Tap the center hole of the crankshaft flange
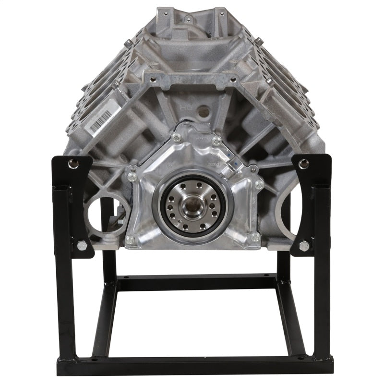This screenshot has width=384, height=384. (x=192, y=205)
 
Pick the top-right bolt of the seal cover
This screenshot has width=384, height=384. (x=216, y=141)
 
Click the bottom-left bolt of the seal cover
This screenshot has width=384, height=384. (x=130, y=239)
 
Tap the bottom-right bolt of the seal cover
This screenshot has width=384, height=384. (x=255, y=237)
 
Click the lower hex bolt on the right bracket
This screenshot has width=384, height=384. (x=303, y=246)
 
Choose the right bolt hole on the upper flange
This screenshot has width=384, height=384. (x=234, y=80)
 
